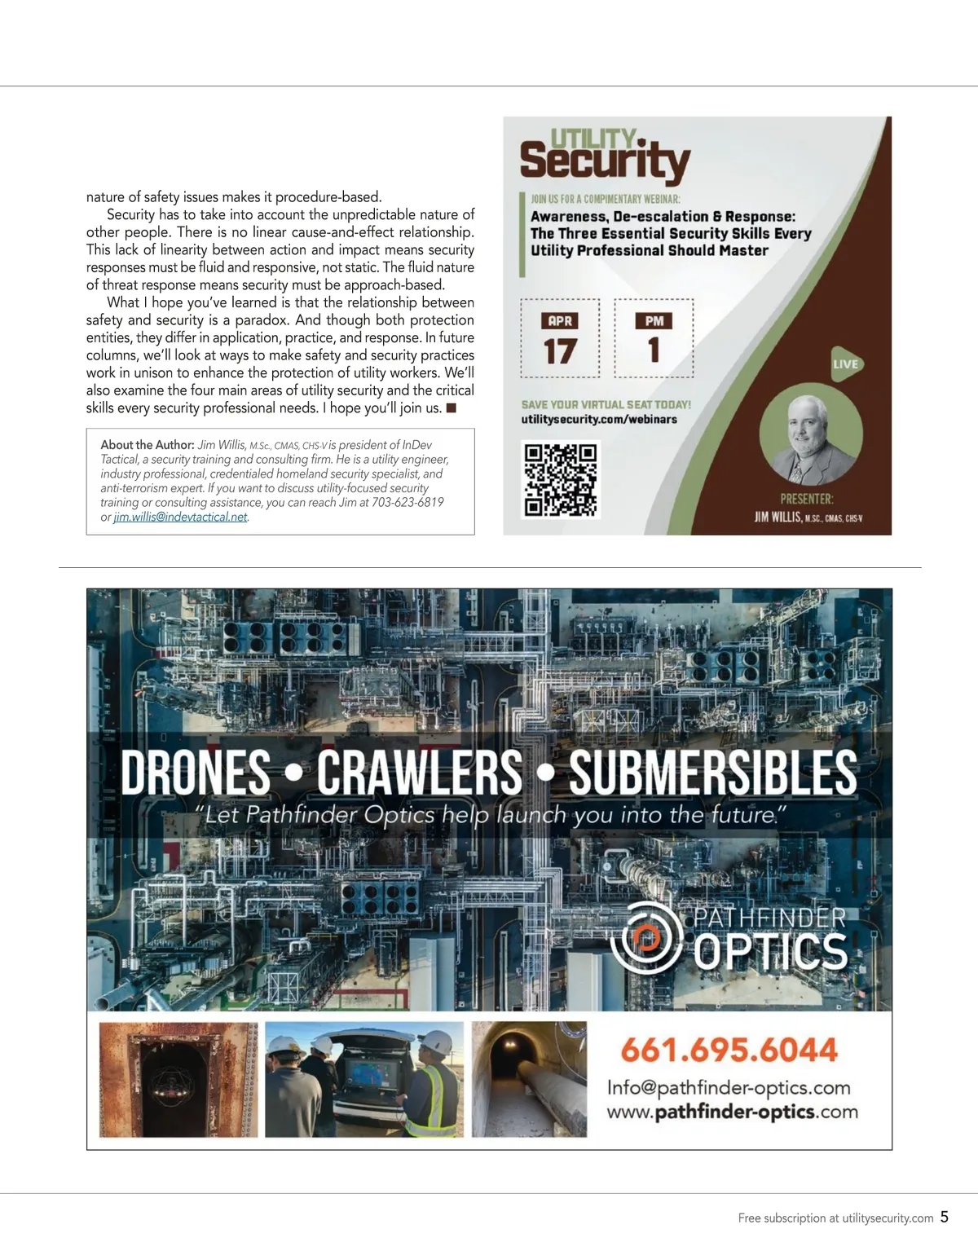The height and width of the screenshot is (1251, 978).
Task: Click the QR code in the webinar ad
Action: click(560, 480)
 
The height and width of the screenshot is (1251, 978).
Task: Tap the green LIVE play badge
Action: click(846, 364)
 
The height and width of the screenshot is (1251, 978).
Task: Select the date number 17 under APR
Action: click(560, 351)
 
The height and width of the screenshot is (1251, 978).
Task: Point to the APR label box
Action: click(560, 321)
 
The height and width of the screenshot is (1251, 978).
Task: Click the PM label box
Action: click(654, 321)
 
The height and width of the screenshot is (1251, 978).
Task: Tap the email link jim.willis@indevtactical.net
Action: click(180, 517)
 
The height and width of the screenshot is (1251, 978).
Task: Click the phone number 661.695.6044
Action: click(729, 1050)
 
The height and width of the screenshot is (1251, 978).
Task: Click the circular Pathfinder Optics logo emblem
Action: click(646, 939)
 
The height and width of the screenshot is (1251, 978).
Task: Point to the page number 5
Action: click(945, 1217)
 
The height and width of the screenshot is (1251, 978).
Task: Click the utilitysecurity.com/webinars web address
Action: click(599, 419)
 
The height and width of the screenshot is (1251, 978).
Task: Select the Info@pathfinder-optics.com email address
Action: click(729, 1088)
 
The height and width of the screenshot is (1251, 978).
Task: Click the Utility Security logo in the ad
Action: click(605, 155)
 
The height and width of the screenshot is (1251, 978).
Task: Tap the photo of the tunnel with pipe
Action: click(529, 1079)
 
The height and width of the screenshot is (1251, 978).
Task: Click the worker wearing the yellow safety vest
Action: click(431, 1088)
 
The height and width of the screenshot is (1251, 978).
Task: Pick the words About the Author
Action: click(147, 445)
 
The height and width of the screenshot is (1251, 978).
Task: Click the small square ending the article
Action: click(451, 407)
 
